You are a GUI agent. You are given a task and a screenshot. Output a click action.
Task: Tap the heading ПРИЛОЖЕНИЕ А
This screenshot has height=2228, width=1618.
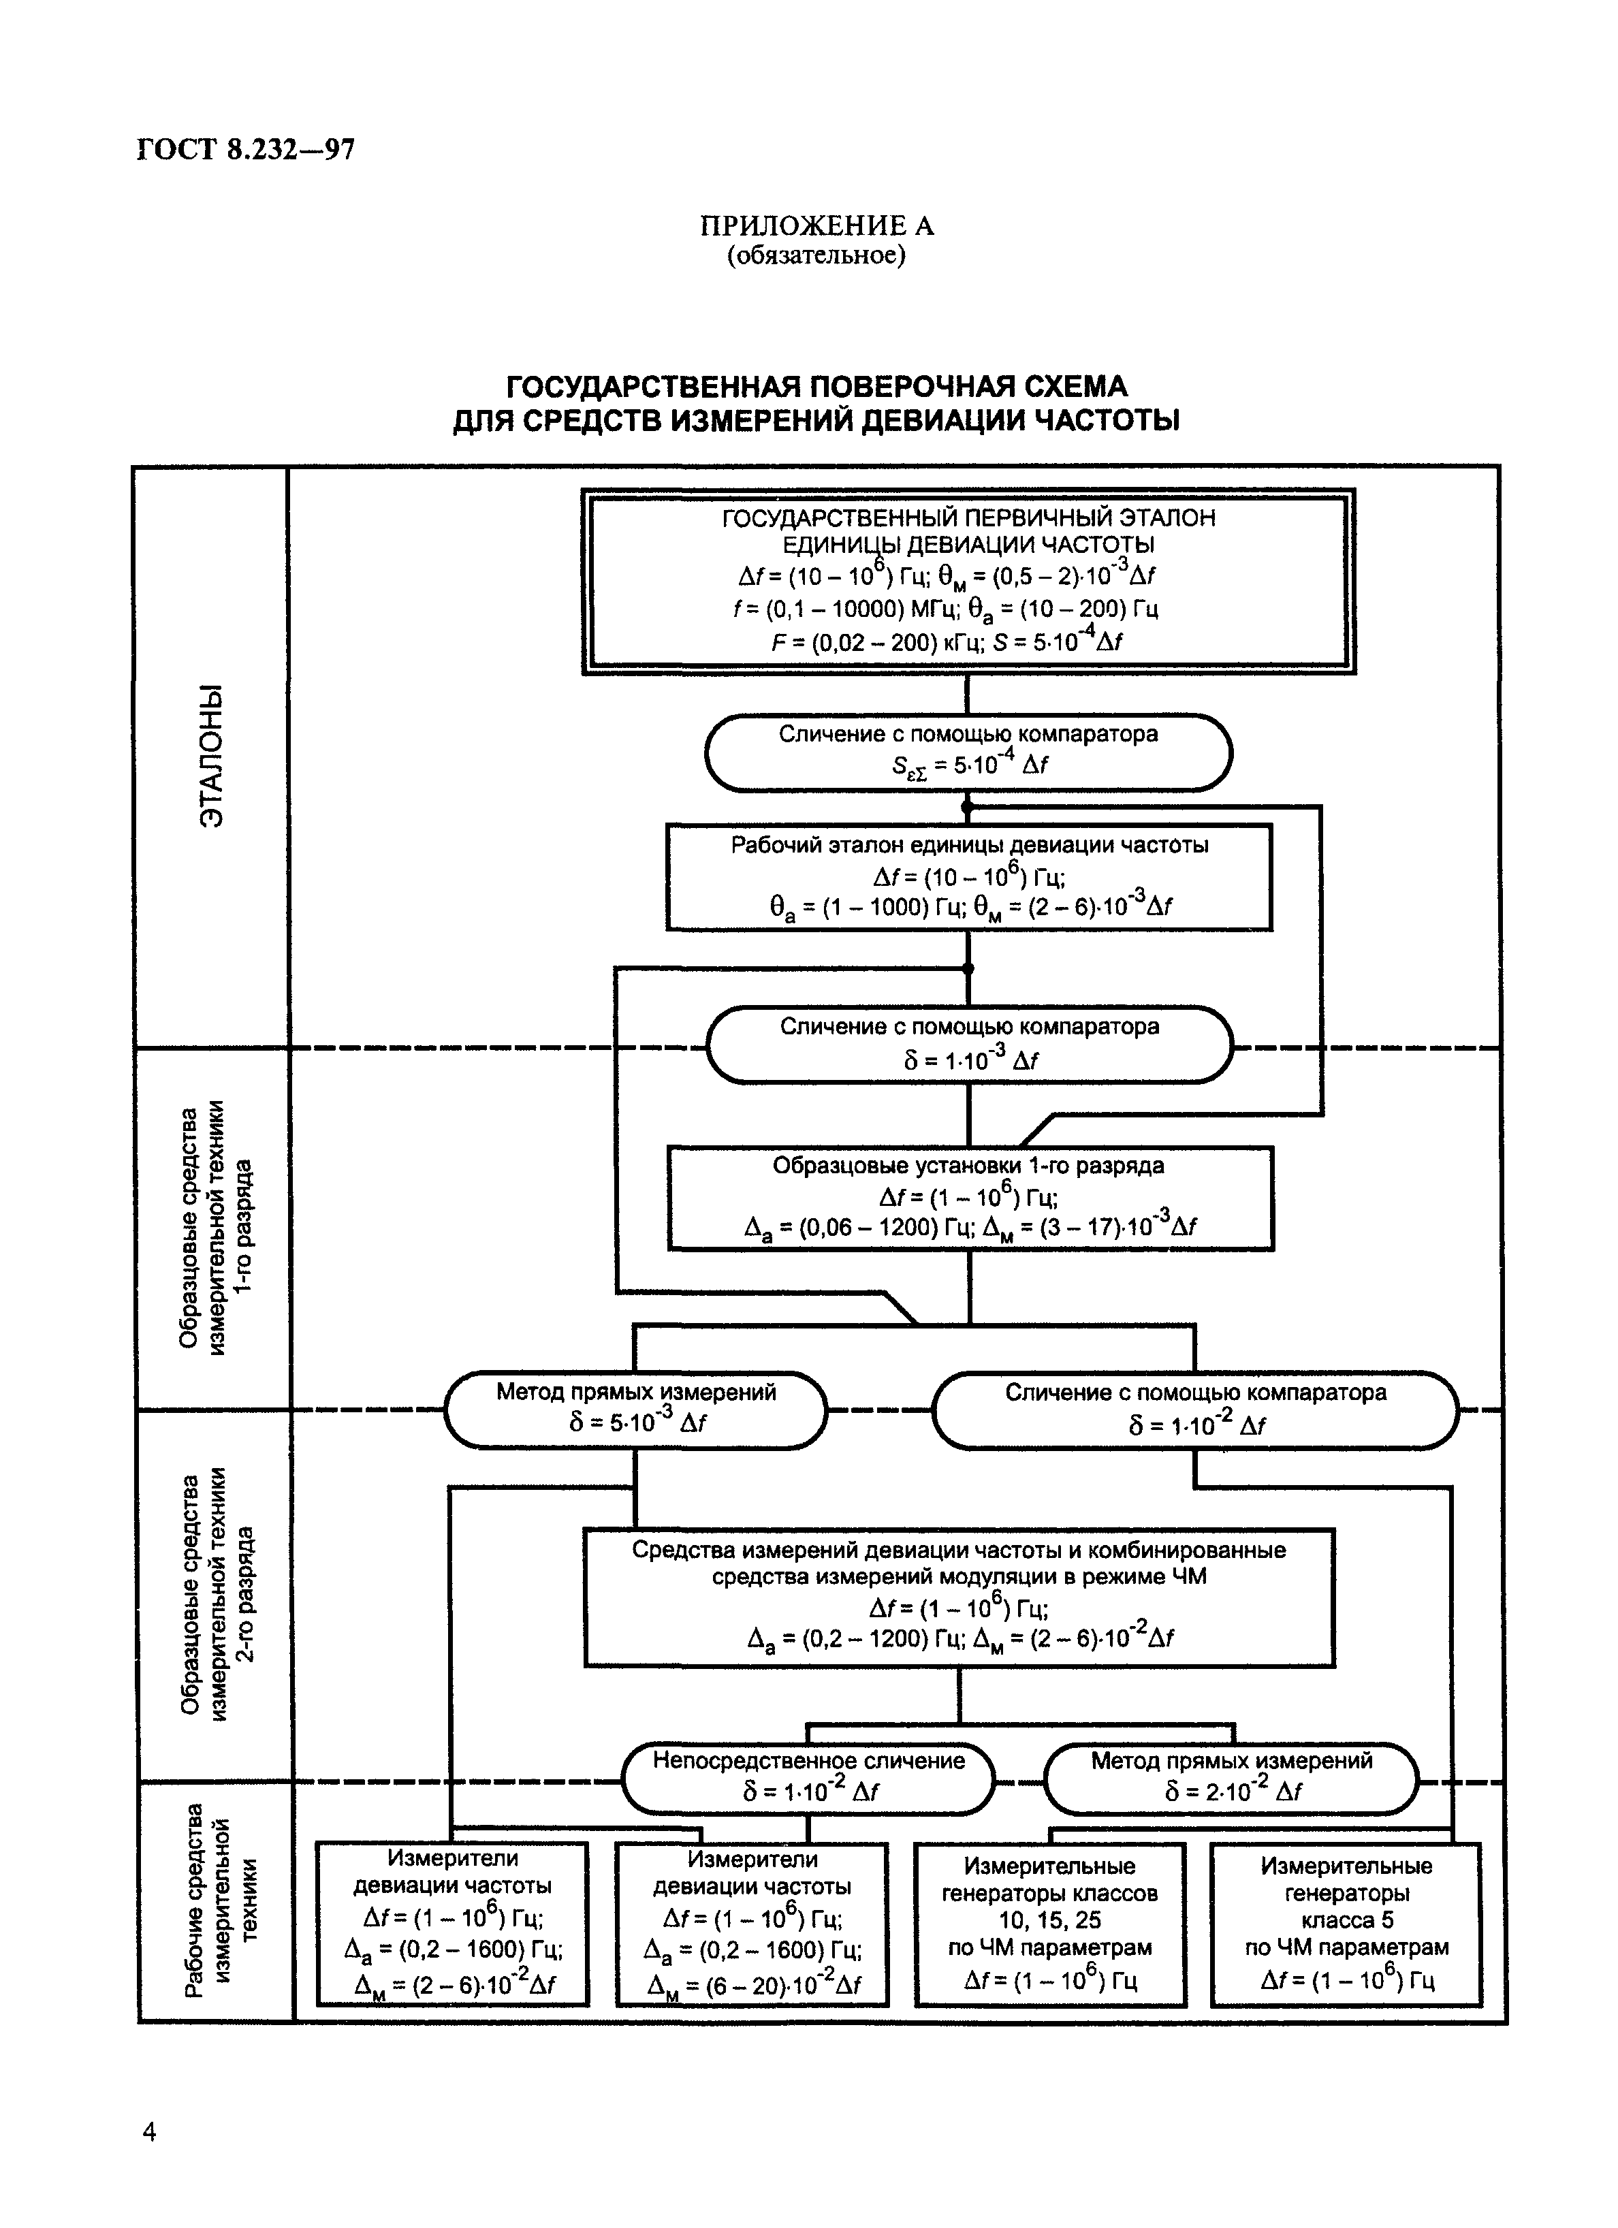pyautogui.click(x=816, y=227)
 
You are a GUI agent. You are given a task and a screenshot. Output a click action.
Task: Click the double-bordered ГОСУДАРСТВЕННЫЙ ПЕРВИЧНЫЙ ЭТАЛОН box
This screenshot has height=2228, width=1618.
pyautogui.click(x=968, y=582)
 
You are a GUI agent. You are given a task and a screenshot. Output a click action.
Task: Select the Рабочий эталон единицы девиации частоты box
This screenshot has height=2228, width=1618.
pyautogui.click(x=968, y=876)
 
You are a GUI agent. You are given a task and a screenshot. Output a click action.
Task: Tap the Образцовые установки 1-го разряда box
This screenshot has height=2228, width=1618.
pyautogui.click(x=970, y=1198)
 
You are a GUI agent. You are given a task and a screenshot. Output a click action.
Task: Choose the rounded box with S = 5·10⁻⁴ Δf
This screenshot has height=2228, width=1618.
pyautogui.click(x=968, y=752)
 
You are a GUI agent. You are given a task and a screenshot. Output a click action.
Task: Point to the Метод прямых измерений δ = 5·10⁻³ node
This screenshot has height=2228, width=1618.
pyautogui.click(x=635, y=1409)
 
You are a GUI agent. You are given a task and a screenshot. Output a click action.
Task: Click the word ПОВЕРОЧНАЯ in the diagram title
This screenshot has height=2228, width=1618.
pyautogui.click(x=836, y=386)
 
